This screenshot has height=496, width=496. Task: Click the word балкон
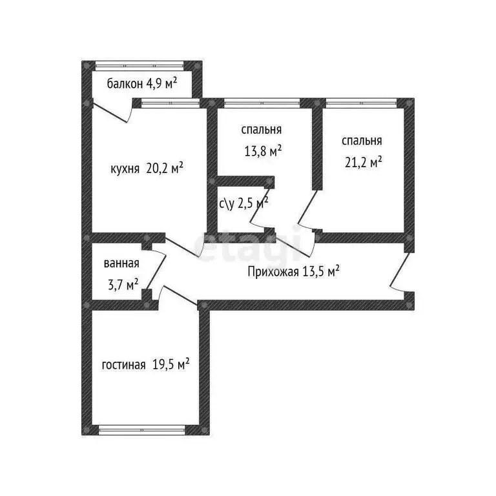125,84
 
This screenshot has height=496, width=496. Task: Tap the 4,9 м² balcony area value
161,83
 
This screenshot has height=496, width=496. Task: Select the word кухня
125,169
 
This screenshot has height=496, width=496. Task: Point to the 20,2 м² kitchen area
165,168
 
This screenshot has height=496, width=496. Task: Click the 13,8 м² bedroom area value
263,151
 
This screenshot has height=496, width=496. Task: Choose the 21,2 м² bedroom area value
363,162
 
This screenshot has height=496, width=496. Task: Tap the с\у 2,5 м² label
244,203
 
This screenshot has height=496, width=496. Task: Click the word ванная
121,263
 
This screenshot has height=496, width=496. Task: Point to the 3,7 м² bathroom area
123,284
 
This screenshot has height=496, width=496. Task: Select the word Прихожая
273,272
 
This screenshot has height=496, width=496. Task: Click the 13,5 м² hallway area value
321,271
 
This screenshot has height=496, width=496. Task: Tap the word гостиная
124,365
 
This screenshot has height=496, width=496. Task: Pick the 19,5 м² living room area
170,364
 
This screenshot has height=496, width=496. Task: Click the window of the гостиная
141,430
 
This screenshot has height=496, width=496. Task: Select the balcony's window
139,66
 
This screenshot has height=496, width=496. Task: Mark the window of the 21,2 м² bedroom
361,103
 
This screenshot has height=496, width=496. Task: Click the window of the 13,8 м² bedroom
262,103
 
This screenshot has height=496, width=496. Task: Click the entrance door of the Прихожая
401,271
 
